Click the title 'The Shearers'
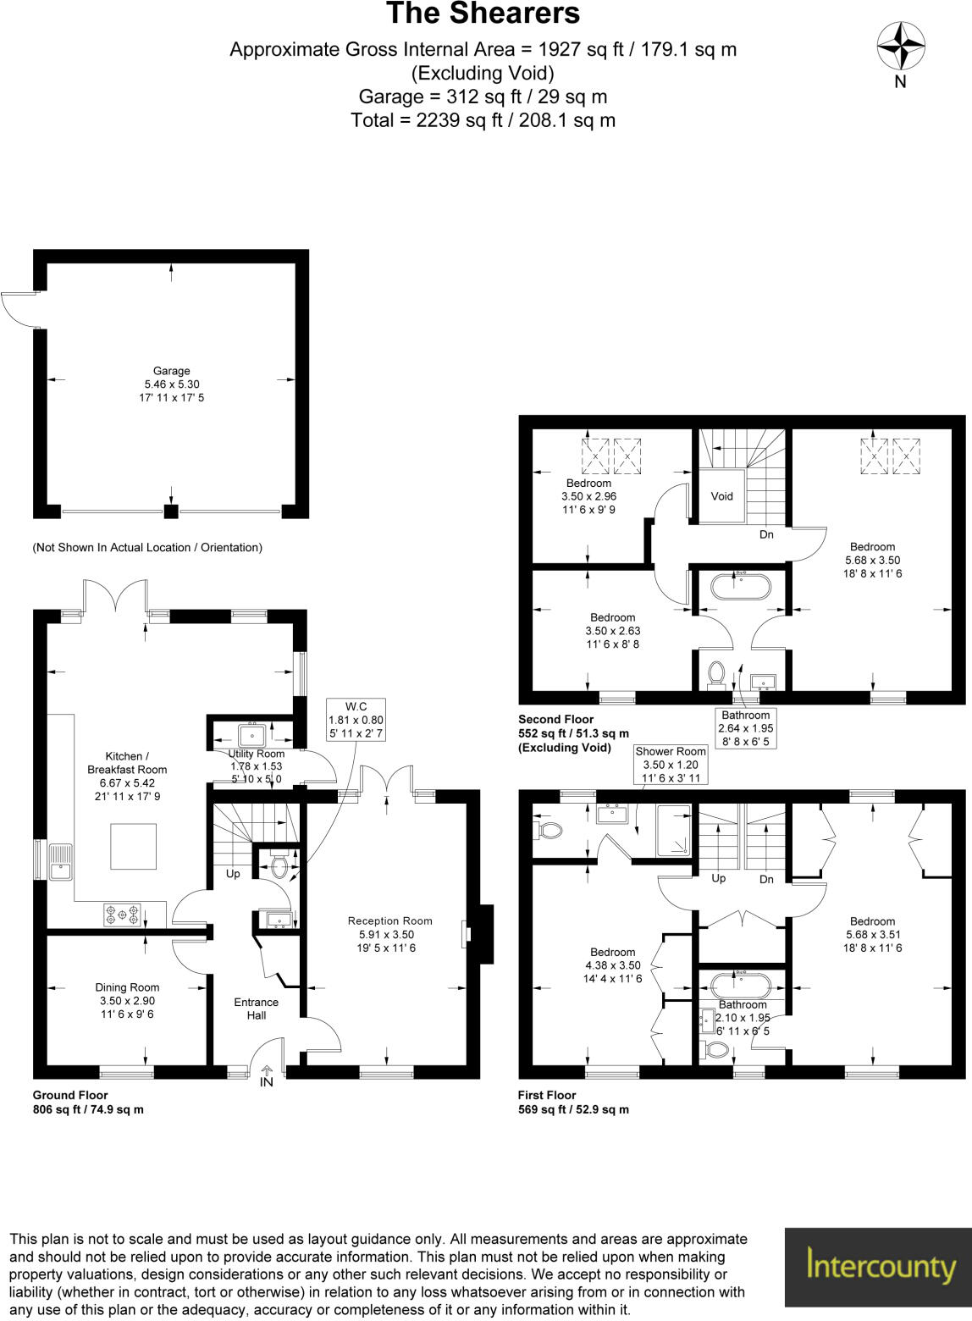point(483,14)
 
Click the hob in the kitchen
point(121,915)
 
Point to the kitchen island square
point(133,846)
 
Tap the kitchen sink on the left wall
point(60,861)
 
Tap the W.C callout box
point(356,720)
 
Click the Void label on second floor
point(721,496)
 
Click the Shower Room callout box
point(670,764)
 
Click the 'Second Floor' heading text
point(555,720)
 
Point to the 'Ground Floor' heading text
point(70,1095)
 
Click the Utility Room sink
point(251,733)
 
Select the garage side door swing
point(19,309)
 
